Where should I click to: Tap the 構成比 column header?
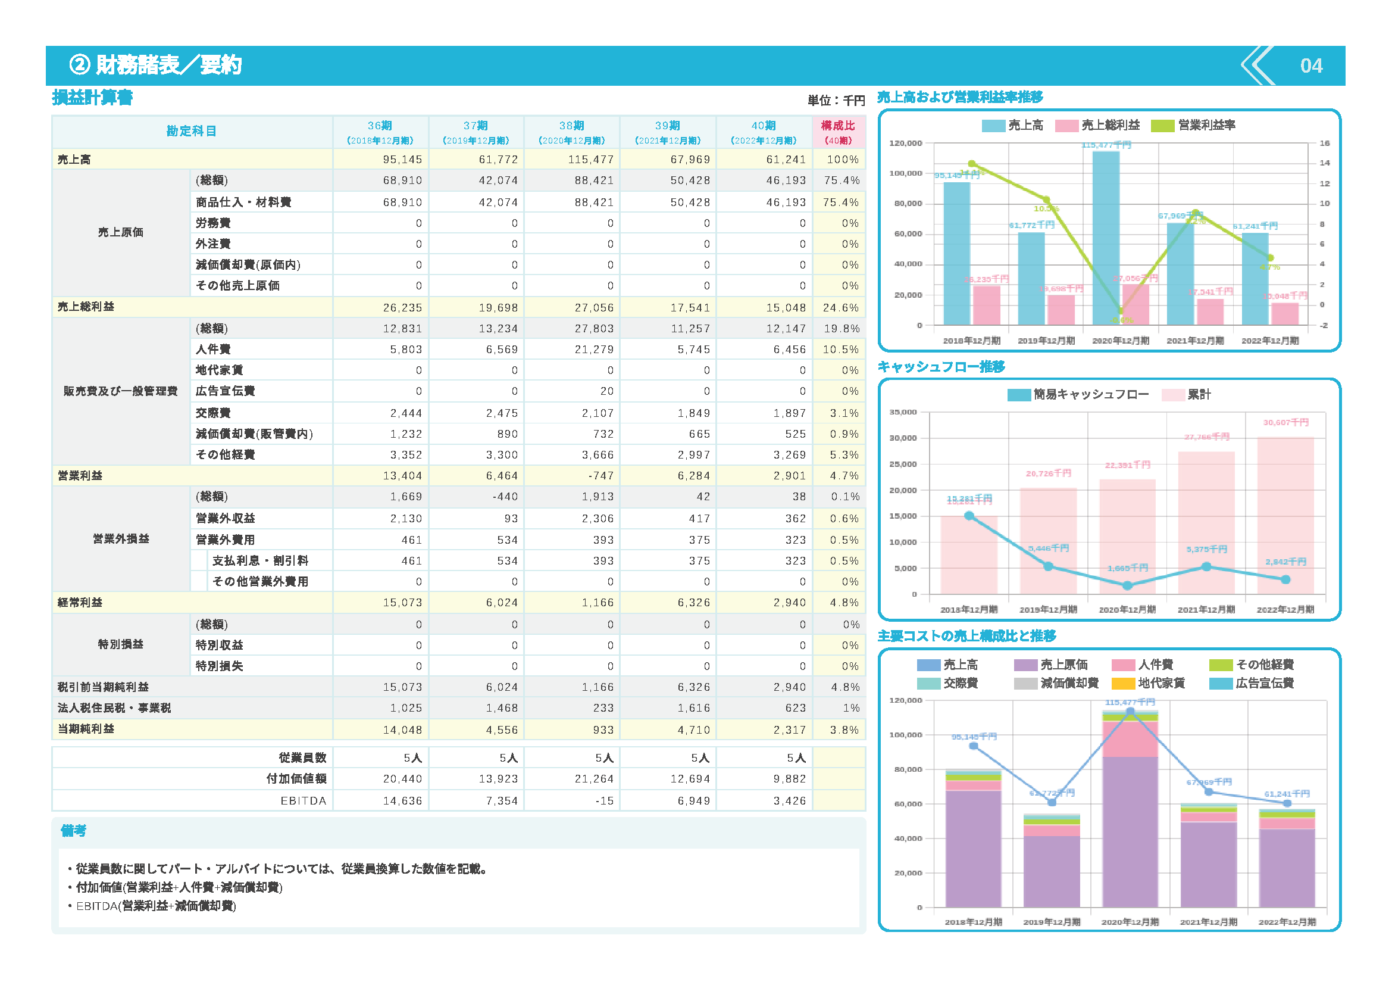838,132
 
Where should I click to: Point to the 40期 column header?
764,132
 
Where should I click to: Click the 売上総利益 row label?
86,307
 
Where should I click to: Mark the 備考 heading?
73,831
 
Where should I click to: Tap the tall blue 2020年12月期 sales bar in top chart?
1105,236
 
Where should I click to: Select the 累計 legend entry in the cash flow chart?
1197,395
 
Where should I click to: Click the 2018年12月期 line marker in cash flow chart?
969,516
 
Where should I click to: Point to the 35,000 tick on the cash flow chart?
903,413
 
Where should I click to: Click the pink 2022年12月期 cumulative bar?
1285,516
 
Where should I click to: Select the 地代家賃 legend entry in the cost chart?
1160,684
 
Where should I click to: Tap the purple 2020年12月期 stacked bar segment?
1130,831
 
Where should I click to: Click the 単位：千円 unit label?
836,101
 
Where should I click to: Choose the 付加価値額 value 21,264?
594,780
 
